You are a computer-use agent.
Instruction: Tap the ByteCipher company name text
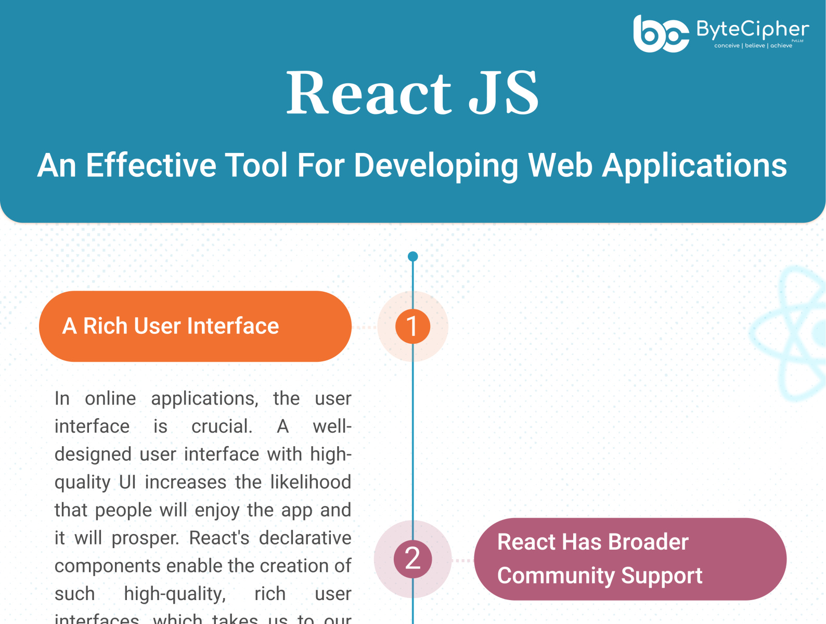click(x=752, y=30)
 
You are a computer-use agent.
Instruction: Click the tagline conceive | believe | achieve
click(x=753, y=46)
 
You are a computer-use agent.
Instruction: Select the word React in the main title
click(x=369, y=94)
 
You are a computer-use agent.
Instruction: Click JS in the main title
click(x=504, y=94)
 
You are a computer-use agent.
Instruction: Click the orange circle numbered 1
click(x=412, y=327)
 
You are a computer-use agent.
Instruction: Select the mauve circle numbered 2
click(x=412, y=559)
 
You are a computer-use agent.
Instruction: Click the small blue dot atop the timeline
click(x=413, y=256)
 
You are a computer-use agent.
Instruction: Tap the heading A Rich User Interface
click(x=171, y=326)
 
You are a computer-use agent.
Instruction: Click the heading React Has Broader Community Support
click(x=599, y=559)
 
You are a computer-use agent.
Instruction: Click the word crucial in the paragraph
click(x=222, y=426)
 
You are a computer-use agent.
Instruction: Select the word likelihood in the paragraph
click(x=311, y=482)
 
